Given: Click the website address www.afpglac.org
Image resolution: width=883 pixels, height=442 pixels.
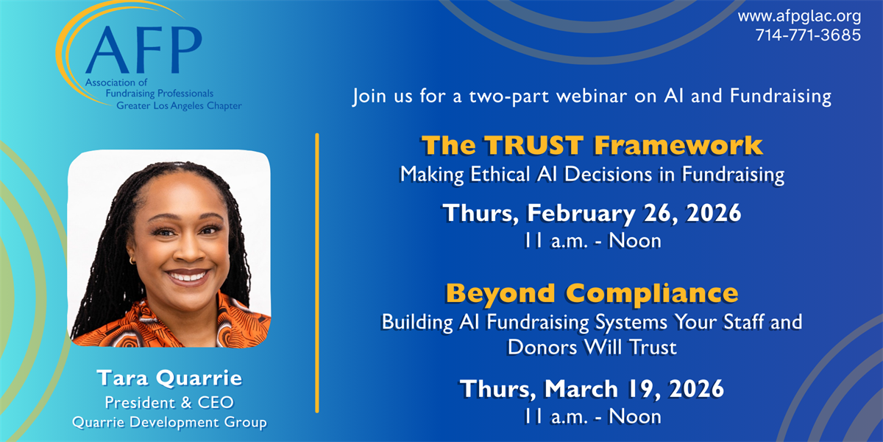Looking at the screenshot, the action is [799, 17].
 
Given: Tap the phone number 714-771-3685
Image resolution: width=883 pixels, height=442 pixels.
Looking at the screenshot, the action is [808, 35].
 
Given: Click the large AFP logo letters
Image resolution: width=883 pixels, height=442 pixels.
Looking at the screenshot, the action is [143, 50].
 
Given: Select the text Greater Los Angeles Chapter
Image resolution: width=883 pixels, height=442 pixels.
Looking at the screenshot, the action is [179, 106].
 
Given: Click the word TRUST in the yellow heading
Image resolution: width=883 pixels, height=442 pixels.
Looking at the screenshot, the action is [533, 145].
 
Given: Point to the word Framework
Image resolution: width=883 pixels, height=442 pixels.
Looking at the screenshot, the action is [678, 145].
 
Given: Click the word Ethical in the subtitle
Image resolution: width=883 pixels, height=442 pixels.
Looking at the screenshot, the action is [500, 175].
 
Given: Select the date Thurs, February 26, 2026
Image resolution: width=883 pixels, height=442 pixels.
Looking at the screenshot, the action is [592, 214].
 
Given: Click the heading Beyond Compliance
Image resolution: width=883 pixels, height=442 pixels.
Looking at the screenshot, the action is [592, 294].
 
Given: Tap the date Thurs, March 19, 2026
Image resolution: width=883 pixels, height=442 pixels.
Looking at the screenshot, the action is [592, 389].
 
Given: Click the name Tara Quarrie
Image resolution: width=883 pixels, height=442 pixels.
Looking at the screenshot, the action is [169, 379].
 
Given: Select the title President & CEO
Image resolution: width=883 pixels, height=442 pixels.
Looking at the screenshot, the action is [169, 403].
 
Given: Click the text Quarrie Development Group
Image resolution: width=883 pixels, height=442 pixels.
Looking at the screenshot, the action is [169, 423].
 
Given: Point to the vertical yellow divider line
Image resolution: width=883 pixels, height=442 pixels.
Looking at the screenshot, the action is [317, 273].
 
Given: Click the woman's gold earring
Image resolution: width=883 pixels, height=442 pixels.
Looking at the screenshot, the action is [132, 261].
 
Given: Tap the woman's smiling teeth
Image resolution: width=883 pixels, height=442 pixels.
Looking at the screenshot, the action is [188, 276].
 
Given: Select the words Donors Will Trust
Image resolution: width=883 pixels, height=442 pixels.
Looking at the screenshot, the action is [592, 348].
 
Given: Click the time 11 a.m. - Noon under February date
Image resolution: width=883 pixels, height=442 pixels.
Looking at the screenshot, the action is [592, 241].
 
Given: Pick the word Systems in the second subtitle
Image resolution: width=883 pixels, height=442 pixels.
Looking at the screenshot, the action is [631, 323].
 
